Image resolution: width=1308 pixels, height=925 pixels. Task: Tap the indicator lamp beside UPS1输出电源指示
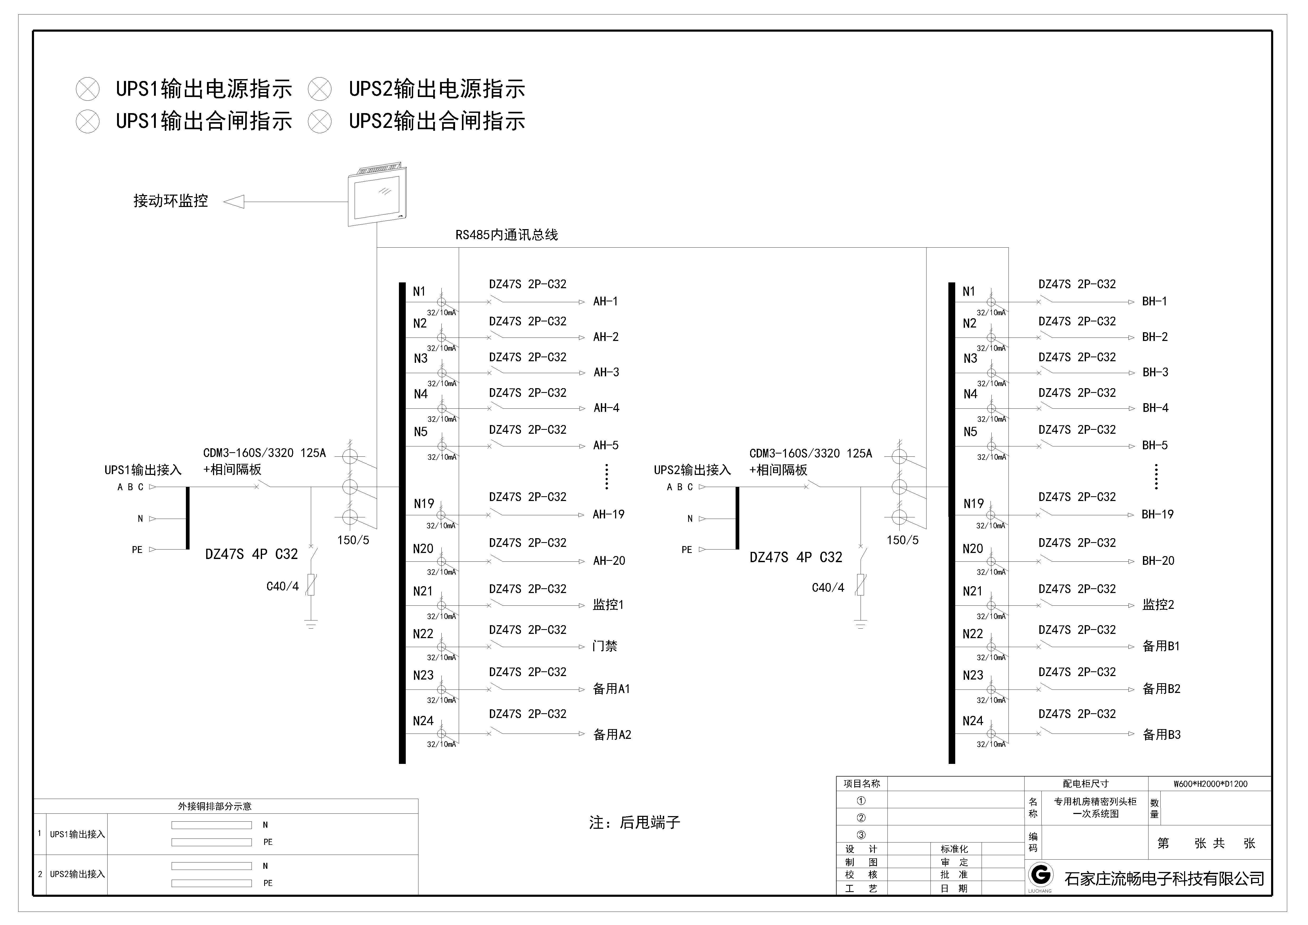tap(88, 89)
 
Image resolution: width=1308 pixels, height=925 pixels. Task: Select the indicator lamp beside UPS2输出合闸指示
tap(320, 121)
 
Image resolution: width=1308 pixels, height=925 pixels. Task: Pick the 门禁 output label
tap(605, 646)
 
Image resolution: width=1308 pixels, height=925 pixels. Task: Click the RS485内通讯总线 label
tap(506, 235)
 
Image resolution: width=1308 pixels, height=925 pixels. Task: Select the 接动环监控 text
tap(170, 200)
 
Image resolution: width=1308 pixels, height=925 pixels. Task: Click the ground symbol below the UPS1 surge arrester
tap(311, 624)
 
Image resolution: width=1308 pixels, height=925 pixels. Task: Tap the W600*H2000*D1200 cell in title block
tap(1210, 784)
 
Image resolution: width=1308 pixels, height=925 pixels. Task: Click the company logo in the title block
tap(1040, 875)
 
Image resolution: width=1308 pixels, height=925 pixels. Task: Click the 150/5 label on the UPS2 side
tap(902, 540)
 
